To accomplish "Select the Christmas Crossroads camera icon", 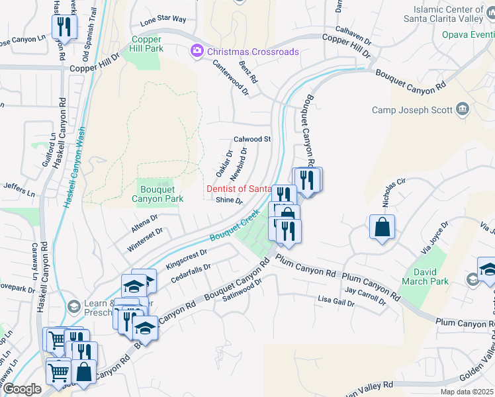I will [x=197, y=51].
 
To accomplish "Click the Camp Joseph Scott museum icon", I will [x=462, y=110].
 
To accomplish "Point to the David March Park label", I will [x=430, y=277].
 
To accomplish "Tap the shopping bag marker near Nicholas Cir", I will [x=382, y=228].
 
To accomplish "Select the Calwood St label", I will [x=253, y=140].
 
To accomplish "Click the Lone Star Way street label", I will [x=163, y=19].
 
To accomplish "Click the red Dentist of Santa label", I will [x=238, y=189].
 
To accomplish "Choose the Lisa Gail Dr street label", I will [x=336, y=302].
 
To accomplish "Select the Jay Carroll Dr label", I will [x=365, y=295].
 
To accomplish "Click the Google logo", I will [x=22, y=388].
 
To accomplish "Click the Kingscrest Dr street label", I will [x=187, y=258].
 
